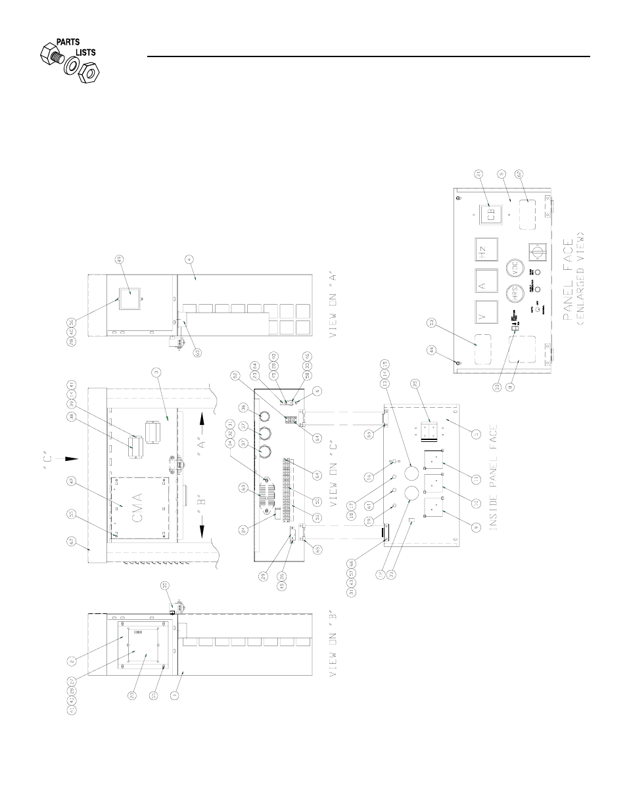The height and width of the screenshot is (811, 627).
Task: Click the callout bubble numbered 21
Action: (x=479, y=174)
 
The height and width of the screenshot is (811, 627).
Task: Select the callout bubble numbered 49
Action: (x=120, y=258)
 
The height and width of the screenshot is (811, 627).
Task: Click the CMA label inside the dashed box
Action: (x=136, y=506)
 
